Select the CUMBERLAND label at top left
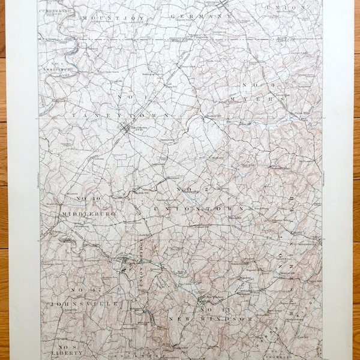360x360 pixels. (x=55, y=11)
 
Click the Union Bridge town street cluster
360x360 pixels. (x=124, y=265)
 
